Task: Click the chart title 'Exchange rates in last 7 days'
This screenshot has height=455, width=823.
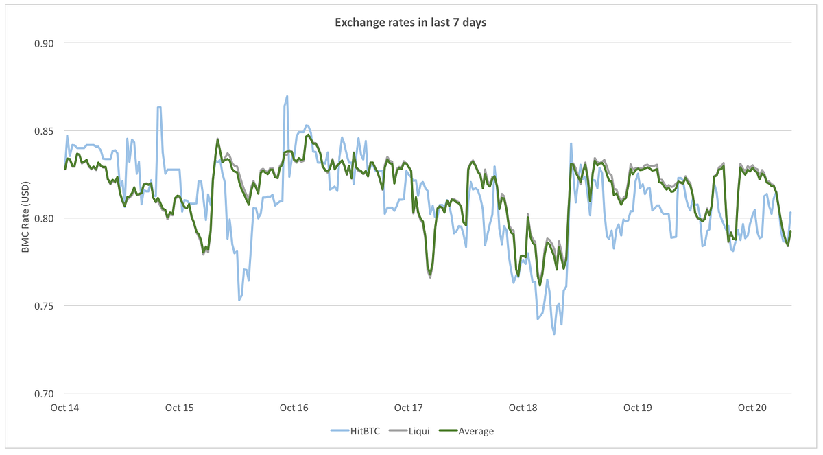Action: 411,22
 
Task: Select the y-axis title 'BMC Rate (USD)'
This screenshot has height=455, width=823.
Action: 25,218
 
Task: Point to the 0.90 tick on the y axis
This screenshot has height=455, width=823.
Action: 43,43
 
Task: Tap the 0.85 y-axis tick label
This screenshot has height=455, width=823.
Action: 43,131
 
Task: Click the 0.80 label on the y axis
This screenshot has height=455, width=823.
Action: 43,218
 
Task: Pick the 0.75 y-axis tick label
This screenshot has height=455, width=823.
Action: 43,306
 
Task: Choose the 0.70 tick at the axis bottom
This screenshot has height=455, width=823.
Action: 43,394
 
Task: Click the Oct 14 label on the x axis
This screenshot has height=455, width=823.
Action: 65,408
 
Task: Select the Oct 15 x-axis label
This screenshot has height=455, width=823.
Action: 180,408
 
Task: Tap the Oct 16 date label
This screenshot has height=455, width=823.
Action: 294,408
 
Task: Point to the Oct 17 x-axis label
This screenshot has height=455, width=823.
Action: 409,408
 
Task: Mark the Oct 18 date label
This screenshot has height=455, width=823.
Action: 523,408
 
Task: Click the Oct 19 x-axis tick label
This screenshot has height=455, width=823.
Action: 638,408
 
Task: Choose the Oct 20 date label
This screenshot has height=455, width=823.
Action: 752,408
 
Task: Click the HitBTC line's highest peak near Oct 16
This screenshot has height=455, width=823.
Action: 287,97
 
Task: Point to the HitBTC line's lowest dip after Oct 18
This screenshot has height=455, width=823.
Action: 553,334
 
